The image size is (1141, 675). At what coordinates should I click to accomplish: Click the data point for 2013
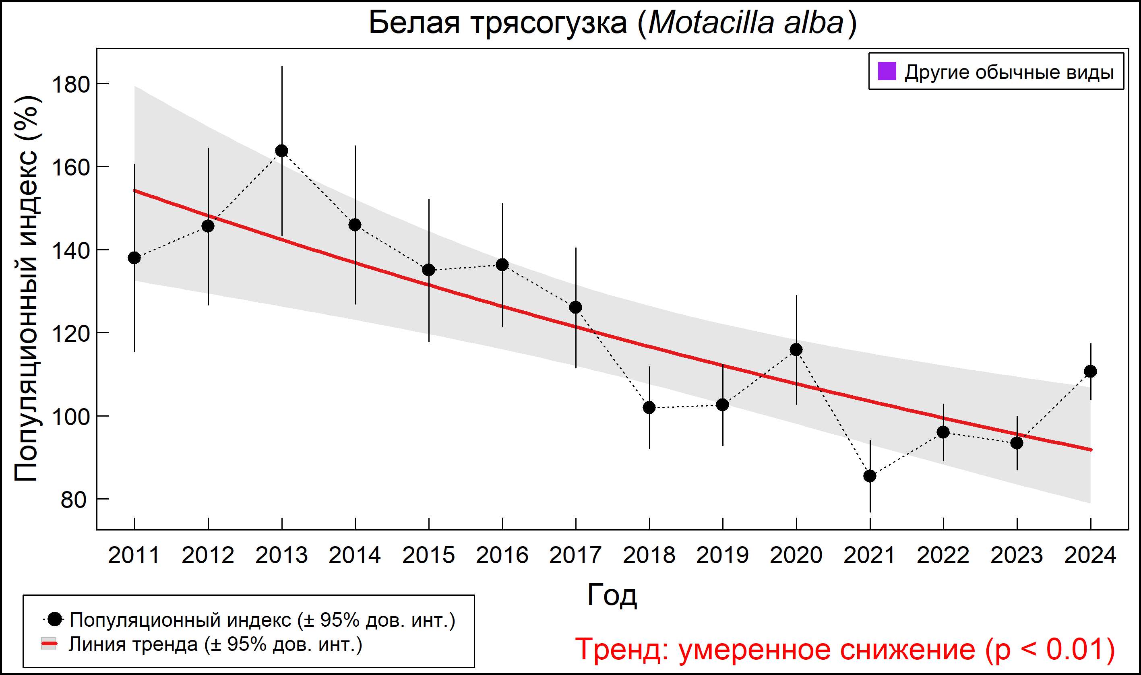tap(281, 151)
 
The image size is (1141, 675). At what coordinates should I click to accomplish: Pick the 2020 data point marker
tap(796, 349)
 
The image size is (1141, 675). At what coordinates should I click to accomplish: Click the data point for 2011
tap(134, 258)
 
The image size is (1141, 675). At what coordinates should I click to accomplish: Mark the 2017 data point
tap(575, 308)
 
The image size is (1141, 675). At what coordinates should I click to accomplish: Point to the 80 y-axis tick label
tap(73, 500)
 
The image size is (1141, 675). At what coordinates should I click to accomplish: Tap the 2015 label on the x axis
tap(428, 555)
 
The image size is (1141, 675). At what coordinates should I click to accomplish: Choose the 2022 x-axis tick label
tap(943, 555)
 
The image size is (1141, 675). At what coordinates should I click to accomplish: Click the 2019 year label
tap(722, 555)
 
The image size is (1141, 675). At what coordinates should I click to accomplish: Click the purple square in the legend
tap(887, 71)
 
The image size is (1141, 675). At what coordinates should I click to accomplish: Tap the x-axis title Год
tap(612, 594)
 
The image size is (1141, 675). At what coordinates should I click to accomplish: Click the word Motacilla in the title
tap(711, 23)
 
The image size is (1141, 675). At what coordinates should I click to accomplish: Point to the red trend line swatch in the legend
tap(49, 644)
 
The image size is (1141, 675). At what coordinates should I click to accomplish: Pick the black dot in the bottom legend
tap(55, 619)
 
